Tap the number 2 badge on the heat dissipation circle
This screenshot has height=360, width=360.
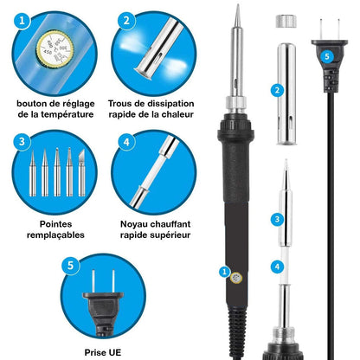pyautogui.click(x=127, y=20)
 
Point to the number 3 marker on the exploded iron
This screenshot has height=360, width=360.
pyautogui.click(x=277, y=221)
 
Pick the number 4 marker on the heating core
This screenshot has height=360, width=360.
pyautogui.click(x=277, y=267)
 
